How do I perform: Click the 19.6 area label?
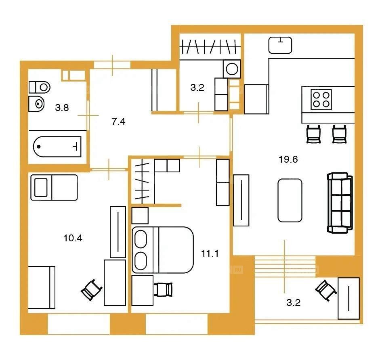click(x=288, y=159)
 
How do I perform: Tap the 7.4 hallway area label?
click(x=118, y=121)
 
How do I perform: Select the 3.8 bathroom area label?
click(x=62, y=107)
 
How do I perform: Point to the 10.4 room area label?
click(x=73, y=238)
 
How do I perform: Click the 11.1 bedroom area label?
click(x=210, y=253)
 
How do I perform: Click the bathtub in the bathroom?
click(x=57, y=147)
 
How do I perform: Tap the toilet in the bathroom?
click(x=40, y=87)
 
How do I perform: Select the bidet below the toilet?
click(x=36, y=104)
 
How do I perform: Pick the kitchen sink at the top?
click(x=280, y=45)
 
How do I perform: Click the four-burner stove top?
click(x=321, y=100)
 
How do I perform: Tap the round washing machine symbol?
click(x=232, y=69)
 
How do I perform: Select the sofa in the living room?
click(x=340, y=203)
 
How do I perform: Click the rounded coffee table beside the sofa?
click(x=290, y=200)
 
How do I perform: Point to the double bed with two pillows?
click(x=163, y=250)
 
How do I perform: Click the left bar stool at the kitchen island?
click(x=313, y=134)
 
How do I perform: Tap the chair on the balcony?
click(x=326, y=290)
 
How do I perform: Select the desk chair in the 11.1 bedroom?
click(x=163, y=289)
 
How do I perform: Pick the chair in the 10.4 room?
click(x=91, y=290)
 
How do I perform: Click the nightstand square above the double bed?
click(x=140, y=216)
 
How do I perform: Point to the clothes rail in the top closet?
click(x=210, y=46)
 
